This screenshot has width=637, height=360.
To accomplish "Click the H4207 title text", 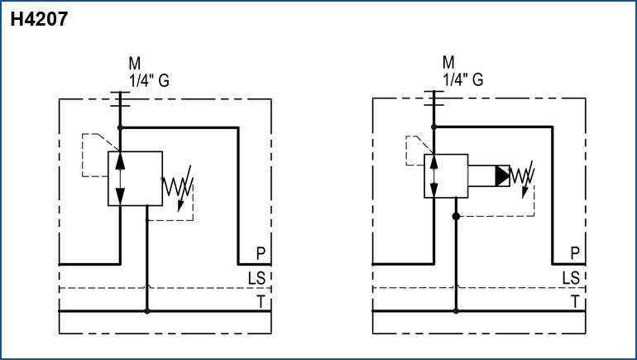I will click(x=39, y=21).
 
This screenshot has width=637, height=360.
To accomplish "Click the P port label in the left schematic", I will click(x=261, y=253).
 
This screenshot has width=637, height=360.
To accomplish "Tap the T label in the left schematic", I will click(x=261, y=301).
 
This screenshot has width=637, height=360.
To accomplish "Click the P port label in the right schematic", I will click(x=574, y=253).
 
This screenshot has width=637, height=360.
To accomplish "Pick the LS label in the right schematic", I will click(x=571, y=277).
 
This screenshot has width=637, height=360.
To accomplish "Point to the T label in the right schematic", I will click(x=574, y=301).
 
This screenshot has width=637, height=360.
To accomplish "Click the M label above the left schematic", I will click(x=135, y=64).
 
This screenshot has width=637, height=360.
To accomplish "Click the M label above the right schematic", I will click(x=448, y=64).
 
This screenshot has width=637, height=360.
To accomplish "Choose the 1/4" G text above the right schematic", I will click(x=463, y=80).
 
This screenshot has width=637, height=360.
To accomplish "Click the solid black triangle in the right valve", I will click(x=503, y=175).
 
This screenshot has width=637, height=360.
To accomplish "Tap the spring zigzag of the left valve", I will click(x=178, y=187).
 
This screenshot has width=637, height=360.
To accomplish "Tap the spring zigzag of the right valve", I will click(x=521, y=176).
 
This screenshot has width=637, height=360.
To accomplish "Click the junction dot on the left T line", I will click(x=147, y=311).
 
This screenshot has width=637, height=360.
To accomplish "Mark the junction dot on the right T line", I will click(x=456, y=311).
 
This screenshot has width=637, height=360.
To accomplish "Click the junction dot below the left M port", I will click(x=120, y=127).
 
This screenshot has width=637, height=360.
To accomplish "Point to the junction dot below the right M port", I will click(x=433, y=127).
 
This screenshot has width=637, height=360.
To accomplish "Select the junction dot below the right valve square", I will click(x=456, y=216).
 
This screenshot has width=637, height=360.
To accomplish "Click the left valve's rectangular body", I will click(x=136, y=178).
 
